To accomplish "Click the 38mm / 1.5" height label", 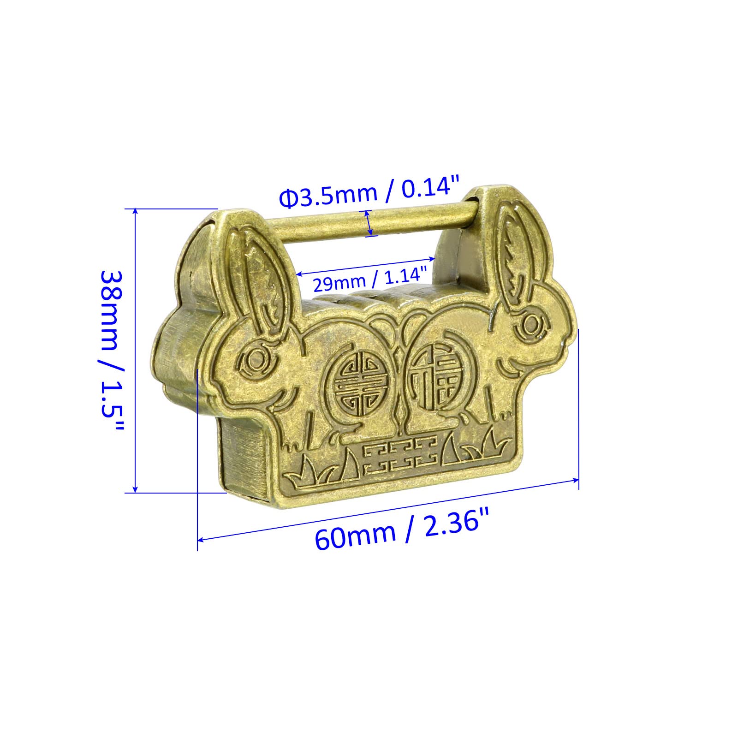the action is coord(112,350).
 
